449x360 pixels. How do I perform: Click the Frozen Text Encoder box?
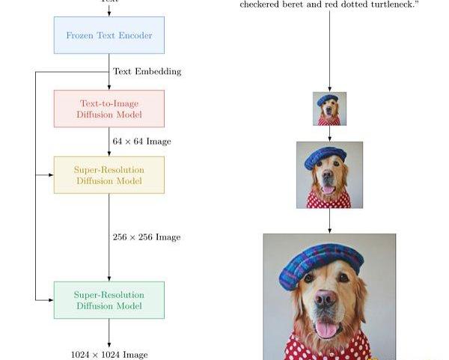(x=109, y=35)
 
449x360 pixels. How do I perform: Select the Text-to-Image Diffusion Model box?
(x=109, y=109)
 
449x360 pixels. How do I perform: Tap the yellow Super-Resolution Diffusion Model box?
(x=109, y=175)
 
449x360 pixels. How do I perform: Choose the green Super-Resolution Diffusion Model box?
(x=109, y=300)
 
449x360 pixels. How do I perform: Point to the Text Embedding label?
(x=147, y=72)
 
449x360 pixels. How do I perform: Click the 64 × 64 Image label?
(x=141, y=141)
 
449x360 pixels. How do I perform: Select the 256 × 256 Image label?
(x=146, y=237)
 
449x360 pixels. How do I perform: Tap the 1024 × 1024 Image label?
(x=109, y=354)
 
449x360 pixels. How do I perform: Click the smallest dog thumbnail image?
(x=329, y=109)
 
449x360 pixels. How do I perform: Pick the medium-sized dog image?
(x=329, y=175)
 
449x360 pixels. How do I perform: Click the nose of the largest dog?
(x=325, y=298)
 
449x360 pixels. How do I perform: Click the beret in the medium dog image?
(x=326, y=156)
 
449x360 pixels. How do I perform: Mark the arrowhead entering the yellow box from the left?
(x=50, y=175)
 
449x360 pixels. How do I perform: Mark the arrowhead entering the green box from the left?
(x=50, y=300)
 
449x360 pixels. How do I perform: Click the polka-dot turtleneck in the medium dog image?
(x=329, y=200)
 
